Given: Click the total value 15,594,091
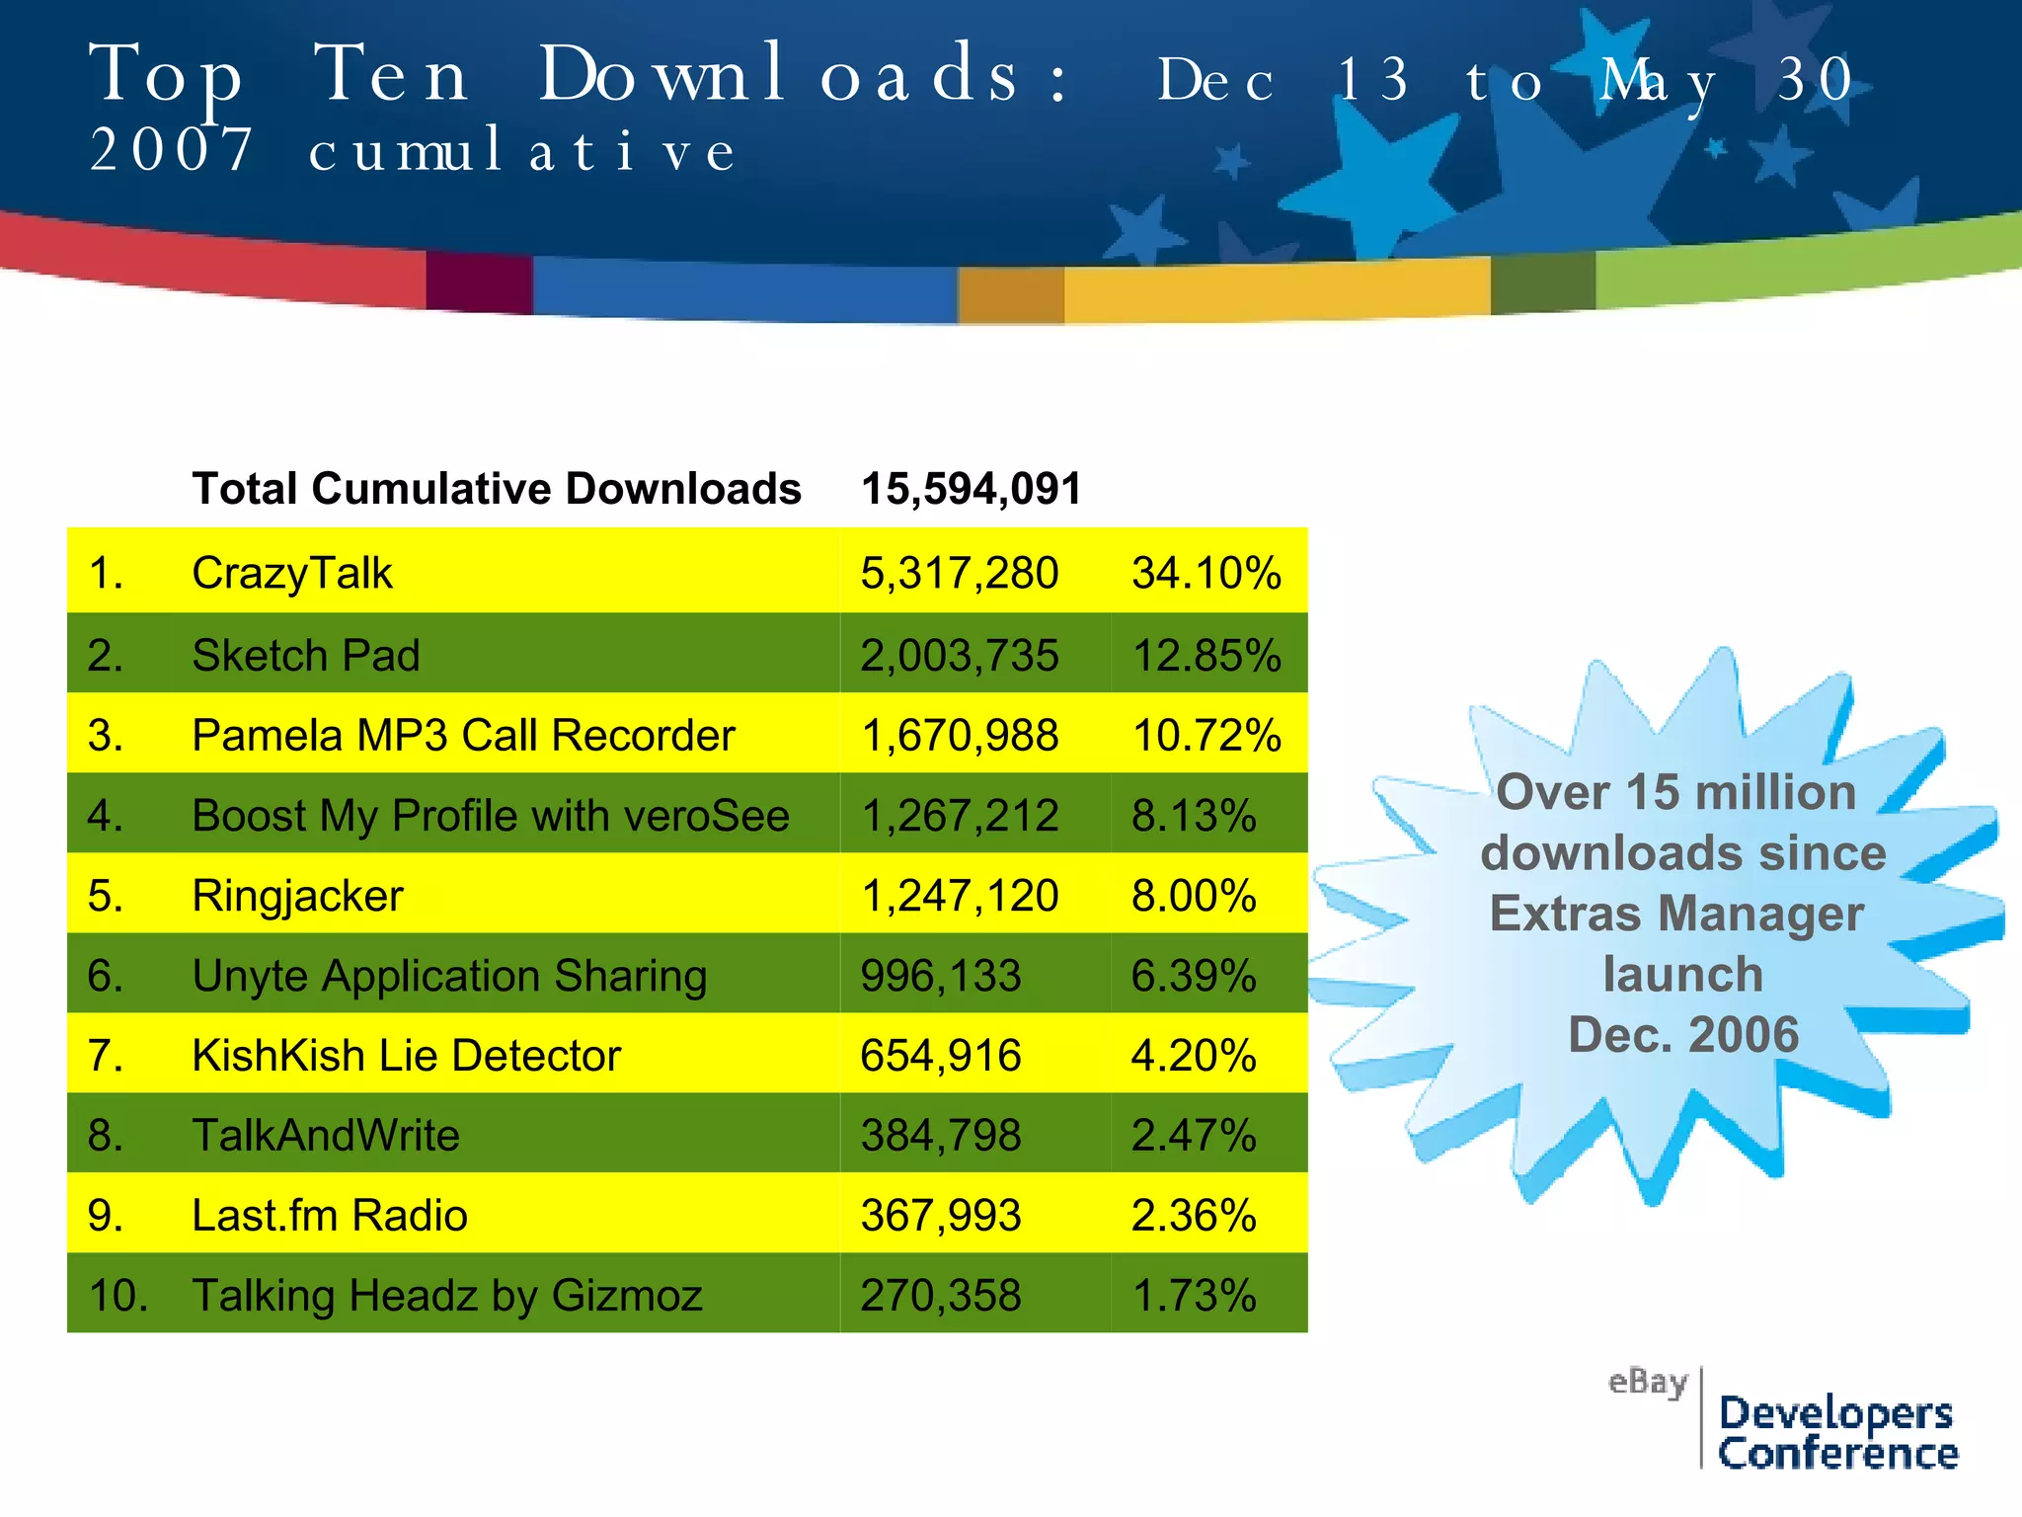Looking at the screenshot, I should click(x=971, y=489).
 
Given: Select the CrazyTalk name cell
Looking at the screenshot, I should click(x=292, y=573).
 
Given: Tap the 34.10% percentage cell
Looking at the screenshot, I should click(x=1205, y=573).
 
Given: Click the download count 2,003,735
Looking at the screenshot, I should click(x=959, y=656).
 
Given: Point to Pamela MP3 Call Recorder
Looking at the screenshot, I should click(x=463, y=736).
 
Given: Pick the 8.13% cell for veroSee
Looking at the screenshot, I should click(x=1193, y=816).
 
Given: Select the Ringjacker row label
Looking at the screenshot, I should click(x=297, y=896).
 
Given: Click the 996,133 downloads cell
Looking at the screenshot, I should click(x=940, y=976).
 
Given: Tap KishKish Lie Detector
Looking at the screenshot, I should click(x=406, y=1056).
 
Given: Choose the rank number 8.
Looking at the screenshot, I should click(x=105, y=1136).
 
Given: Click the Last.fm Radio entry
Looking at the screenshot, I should click(x=329, y=1216).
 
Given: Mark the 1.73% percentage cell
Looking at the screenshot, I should click(x=1193, y=1296).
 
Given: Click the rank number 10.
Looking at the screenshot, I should click(x=117, y=1296).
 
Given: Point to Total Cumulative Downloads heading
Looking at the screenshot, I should click(x=497, y=489).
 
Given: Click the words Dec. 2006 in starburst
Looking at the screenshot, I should click(x=1683, y=1034).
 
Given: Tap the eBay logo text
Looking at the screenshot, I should click(x=1647, y=1382).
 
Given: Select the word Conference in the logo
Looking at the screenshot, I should click(x=1837, y=1454).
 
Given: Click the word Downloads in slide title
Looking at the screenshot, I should click(x=777, y=75).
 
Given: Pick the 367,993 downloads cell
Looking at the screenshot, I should click(x=940, y=1216).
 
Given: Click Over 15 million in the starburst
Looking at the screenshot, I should click(x=1675, y=792).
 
